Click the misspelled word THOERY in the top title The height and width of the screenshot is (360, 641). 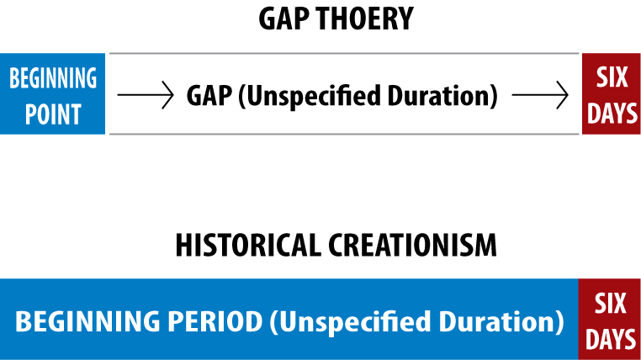364,19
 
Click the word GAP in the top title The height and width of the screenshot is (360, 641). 284,19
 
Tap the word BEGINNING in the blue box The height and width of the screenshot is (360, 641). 53,77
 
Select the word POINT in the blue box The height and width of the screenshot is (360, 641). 53,114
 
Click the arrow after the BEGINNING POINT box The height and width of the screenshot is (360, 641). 146,95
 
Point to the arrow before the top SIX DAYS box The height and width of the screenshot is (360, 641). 540,95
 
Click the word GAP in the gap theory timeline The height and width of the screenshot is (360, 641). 209,96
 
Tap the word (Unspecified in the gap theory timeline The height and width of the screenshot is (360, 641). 310,97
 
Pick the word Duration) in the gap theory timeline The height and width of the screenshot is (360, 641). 442,97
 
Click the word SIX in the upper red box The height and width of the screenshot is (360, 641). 612,77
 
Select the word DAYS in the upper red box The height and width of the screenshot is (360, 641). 612,114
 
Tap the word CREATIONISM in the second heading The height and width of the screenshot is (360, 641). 412,245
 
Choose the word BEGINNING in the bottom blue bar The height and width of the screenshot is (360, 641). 87,321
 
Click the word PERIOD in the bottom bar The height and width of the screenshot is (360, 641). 215,321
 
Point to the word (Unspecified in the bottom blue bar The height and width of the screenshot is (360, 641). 350,322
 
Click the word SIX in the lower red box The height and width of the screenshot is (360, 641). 610,303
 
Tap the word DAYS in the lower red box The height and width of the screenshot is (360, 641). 611,340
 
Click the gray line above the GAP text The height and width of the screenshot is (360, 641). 344,53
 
